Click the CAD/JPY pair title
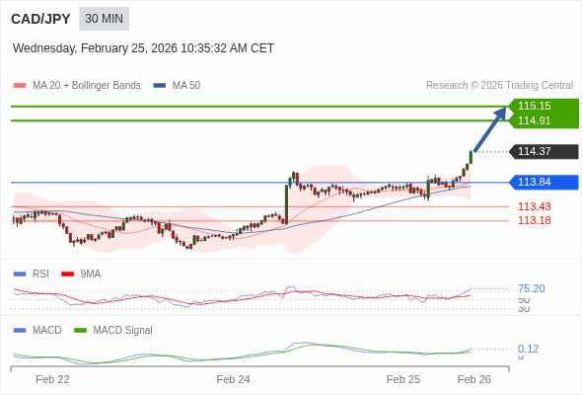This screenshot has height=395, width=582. tap(40, 19)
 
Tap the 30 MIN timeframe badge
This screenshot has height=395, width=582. tap(104, 19)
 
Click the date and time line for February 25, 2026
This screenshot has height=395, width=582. tap(144, 48)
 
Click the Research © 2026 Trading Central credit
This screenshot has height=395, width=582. tap(499, 85)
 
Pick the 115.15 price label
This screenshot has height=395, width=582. tap(535, 106)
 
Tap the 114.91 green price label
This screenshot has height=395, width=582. tap(535, 120)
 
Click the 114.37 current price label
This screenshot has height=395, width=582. tap(535, 151)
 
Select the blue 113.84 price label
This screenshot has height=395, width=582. tap(535, 182)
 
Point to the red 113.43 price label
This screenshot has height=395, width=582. tap(535, 206)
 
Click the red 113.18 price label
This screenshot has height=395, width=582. tap(535, 220)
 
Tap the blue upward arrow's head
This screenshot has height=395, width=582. tap(502, 112)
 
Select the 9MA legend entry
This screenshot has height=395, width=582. tap(90, 274)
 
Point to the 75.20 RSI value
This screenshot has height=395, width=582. tap(531, 288)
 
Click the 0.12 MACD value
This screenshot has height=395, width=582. tap(528, 349)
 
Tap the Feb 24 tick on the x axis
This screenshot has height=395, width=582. tap(234, 379)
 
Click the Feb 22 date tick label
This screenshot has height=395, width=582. tap(52, 379)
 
